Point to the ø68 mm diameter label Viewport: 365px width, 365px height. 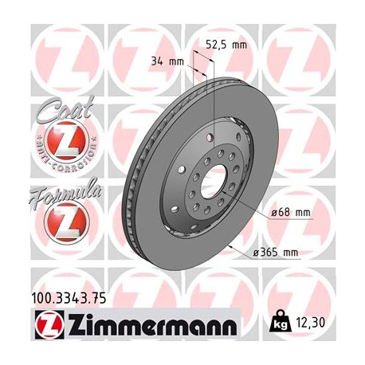point(289,212)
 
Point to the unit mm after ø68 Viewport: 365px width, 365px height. point(300,212)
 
